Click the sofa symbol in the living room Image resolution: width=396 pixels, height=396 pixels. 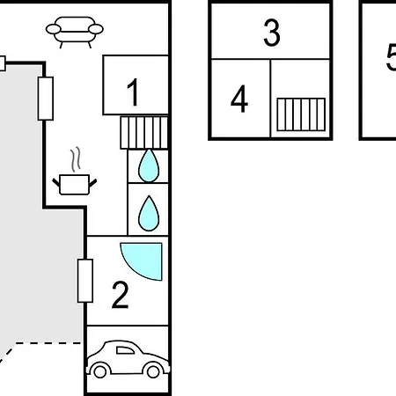click(x=75, y=32)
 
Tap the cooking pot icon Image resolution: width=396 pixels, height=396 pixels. click(x=75, y=184)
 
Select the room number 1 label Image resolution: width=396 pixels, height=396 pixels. click(x=133, y=92)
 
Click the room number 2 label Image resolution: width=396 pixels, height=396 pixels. click(x=121, y=295)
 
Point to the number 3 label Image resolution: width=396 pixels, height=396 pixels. click(x=272, y=33)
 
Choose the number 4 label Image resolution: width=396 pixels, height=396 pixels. click(x=239, y=99)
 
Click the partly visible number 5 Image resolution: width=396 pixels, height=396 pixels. click(x=391, y=57)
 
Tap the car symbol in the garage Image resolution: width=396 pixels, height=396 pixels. click(x=128, y=359)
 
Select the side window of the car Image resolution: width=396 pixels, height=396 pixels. click(x=125, y=350)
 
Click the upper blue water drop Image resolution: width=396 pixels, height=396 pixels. click(x=149, y=165)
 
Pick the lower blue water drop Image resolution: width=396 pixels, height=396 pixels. click(x=149, y=213)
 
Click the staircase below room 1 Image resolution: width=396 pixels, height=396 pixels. click(x=144, y=133)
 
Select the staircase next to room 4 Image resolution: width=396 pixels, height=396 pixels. click(x=301, y=114)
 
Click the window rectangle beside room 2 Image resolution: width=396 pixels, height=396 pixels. click(x=85, y=281)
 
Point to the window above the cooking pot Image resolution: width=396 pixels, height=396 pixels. click(x=46, y=99)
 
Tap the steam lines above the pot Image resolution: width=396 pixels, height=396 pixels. click(x=76, y=159)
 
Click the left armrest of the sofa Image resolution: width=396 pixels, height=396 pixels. click(x=54, y=29)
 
